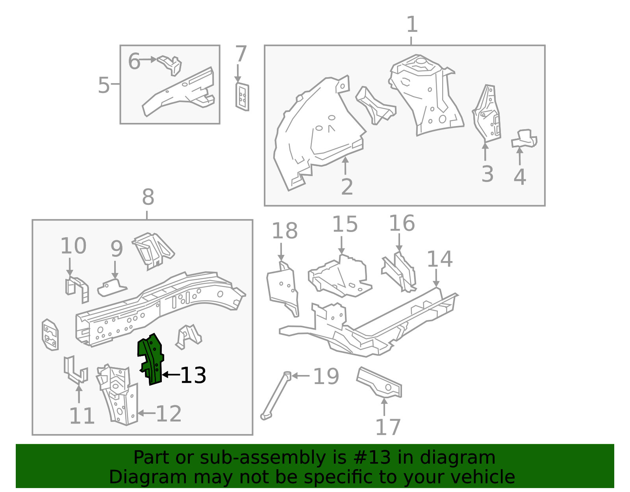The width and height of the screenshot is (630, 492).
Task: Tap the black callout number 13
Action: tap(193, 375)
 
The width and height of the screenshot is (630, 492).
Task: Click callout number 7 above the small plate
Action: tap(241, 54)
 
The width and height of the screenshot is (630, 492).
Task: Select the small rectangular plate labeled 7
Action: tap(242, 97)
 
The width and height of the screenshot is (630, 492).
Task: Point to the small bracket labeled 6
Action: tap(170, 64)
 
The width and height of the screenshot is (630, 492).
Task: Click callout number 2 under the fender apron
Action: tap(346, 187)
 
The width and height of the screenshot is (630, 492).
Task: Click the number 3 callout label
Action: tap(487, 174)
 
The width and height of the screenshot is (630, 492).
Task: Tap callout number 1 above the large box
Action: tap(411, 24)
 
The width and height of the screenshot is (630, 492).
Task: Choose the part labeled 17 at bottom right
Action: tap(379, 383)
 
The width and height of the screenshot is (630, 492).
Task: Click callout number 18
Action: tap(284, 231)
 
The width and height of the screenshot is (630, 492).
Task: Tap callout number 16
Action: tap(402, 223)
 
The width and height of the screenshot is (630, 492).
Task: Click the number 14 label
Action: tap(439, 259)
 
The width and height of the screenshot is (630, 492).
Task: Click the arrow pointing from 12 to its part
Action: tap(146, 413)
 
